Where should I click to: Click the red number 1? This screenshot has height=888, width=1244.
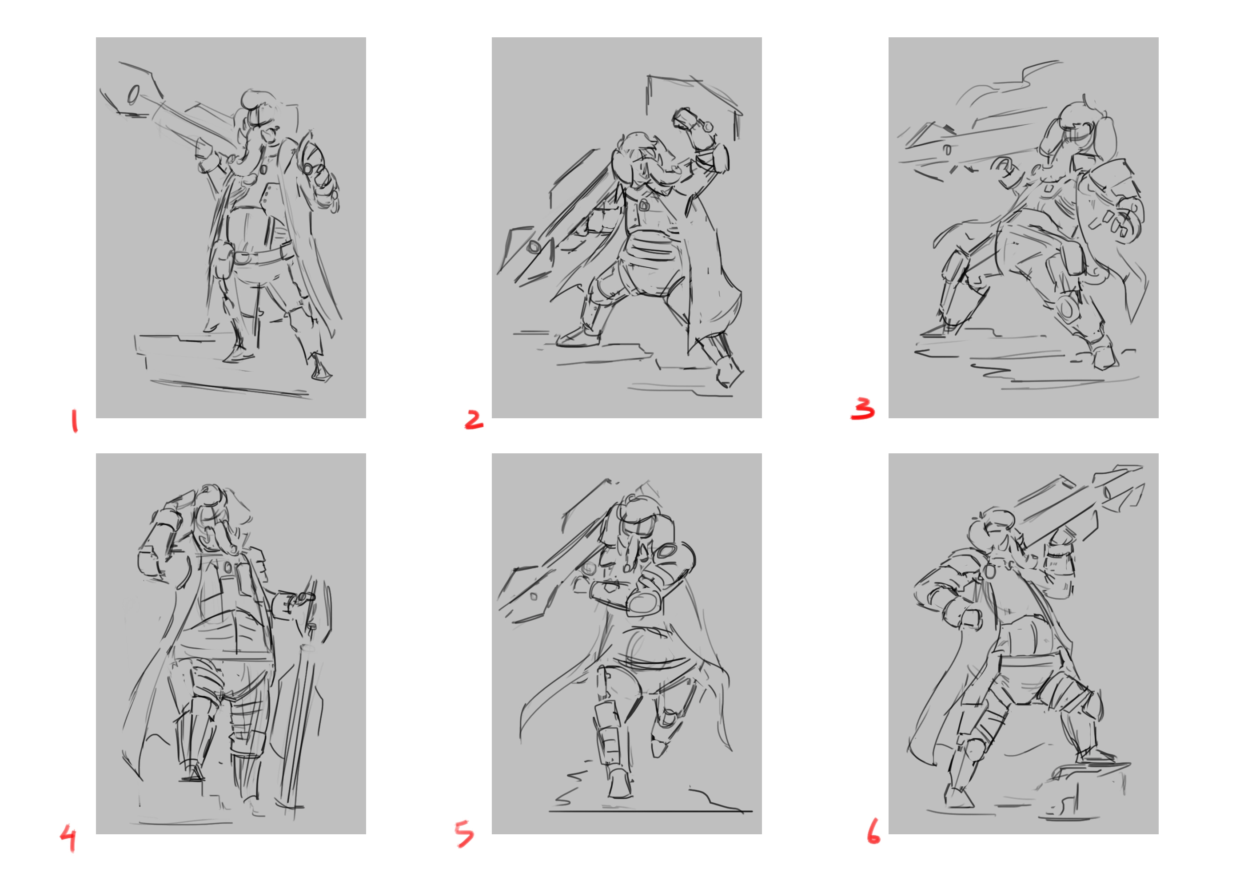coord(74,422)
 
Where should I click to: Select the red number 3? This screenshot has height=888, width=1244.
coord(863,408)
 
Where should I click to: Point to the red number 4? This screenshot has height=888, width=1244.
coord(68,838)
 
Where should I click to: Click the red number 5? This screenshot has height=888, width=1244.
coord(464,833)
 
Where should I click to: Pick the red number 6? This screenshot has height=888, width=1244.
coord(873,831)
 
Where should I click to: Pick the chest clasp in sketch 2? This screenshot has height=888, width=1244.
coord(645,206)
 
